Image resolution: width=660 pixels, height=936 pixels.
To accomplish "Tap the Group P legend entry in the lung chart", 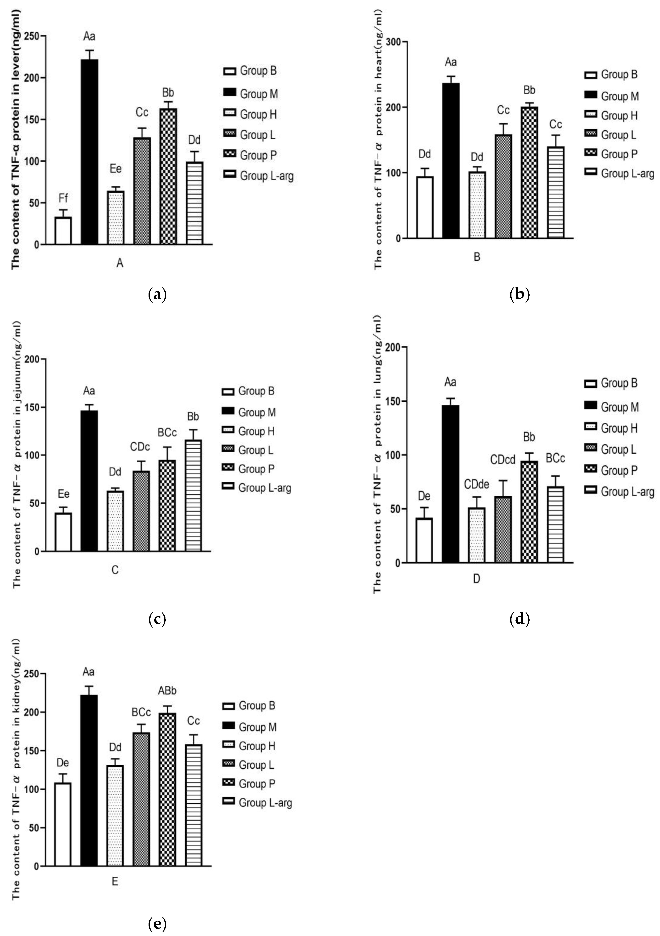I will click(611, 470).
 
